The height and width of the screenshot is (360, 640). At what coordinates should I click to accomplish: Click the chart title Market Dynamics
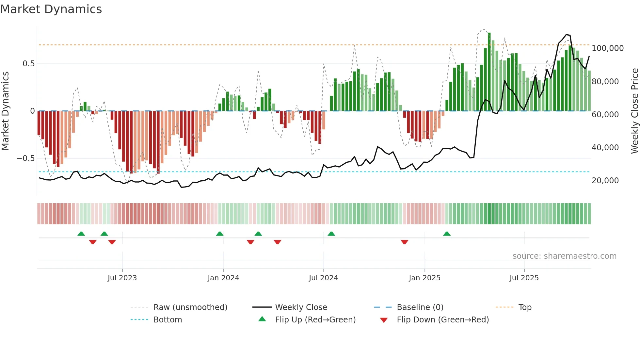[51, 9]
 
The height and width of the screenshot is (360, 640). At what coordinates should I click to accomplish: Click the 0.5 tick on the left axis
[28, 64]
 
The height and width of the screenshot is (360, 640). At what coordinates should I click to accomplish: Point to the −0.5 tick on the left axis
[26, 158]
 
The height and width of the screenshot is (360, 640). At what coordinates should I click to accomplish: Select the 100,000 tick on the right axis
[607, 48]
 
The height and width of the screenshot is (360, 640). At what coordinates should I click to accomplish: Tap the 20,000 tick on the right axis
[605, 181]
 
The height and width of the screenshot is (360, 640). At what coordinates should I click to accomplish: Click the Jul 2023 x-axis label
[122, 278]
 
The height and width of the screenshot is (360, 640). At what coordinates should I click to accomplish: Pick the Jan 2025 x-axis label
[424, 278]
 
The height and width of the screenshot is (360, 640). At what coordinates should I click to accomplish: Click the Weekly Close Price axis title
[634, 111]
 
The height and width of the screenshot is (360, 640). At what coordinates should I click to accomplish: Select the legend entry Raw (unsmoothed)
[190, 307]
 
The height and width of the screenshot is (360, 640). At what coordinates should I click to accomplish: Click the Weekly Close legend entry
[301, 307]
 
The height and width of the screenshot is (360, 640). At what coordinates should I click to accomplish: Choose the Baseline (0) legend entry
[420, 307]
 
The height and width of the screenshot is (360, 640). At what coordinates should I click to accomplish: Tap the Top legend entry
[525, 307]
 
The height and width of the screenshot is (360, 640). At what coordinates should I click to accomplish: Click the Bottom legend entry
[168, 320]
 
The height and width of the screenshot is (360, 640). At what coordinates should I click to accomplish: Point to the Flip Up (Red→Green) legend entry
[315, 320]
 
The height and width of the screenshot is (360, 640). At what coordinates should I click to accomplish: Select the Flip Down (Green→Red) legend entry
[442, 320]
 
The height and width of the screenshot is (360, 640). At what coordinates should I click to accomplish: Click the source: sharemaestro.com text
[564, 256]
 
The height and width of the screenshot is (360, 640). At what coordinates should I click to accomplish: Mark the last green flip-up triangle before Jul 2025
[447, 234]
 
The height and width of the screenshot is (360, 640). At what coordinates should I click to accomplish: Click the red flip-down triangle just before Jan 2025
[404, 242]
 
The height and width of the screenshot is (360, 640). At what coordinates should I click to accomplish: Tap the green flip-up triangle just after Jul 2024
[331, 234]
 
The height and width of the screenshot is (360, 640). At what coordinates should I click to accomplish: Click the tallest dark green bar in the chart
[489, 72]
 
